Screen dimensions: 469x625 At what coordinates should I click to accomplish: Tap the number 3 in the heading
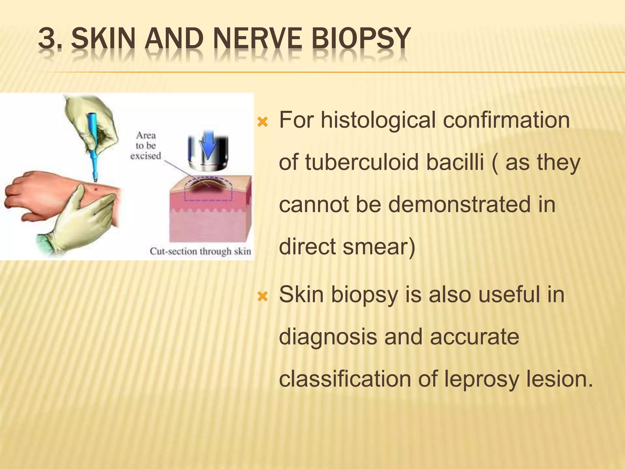click(48, 39)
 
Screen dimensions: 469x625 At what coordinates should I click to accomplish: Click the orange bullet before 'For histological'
click(262, 123)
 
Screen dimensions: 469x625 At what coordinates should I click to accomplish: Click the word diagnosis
click(328, 337)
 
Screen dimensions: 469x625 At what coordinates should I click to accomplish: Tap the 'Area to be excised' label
click(146, 146)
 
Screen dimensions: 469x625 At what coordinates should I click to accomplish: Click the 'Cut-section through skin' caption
click(200, 251)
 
